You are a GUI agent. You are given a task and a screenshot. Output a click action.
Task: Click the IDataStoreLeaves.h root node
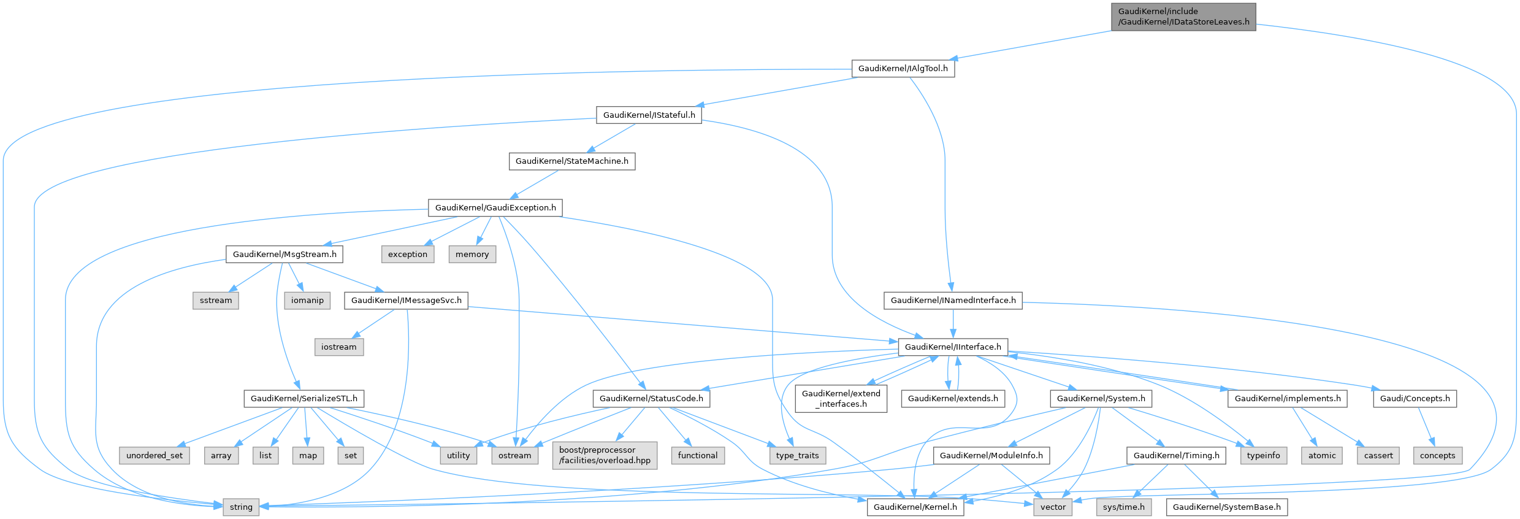pos(1183,17)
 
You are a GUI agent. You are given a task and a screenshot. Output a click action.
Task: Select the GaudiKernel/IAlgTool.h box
pos(903,69)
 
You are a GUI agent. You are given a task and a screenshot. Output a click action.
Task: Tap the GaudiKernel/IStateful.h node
pos(649,115)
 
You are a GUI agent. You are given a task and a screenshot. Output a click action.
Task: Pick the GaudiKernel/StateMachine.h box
pos(571,161)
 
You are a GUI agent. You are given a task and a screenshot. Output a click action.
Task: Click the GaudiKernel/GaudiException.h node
pos(495,208)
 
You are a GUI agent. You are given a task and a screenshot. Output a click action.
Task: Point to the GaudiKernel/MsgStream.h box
pos(285,255)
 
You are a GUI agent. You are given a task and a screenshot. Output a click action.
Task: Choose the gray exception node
pos(408,255)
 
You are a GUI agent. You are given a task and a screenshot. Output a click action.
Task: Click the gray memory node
pos(472,255)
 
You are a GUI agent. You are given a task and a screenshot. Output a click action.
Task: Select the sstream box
pos(216,301)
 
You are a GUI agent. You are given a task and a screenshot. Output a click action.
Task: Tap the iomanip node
pos(307,301)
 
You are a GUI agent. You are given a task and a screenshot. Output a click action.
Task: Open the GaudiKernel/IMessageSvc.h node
pos(406,301)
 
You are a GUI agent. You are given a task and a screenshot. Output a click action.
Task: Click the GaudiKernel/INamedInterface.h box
pos(953,301)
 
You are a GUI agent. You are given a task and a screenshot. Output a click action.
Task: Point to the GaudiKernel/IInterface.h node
pos(953,347)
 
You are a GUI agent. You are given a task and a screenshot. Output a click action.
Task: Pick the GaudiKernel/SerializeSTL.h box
pos(304,399)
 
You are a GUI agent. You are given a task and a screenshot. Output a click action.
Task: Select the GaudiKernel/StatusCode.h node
pos(651,399)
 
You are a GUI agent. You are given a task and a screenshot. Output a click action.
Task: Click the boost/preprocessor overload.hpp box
pos(605,455)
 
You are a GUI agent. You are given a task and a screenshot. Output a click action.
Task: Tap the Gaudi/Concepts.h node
pos(1415,399)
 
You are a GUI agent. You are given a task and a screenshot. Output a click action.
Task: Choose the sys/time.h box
pos(1123,507)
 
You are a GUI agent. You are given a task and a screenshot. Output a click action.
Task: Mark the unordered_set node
pos(155,456)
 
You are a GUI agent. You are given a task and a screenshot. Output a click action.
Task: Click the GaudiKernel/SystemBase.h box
pos(1226,507)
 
